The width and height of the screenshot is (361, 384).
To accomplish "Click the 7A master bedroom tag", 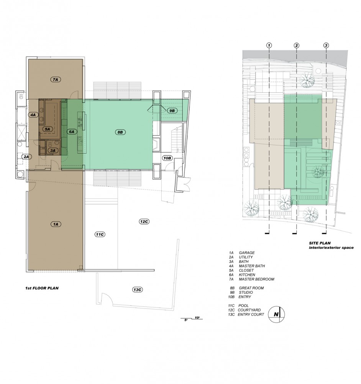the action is tap(56, 79).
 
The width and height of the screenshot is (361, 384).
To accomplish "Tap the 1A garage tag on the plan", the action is tap(56, 224).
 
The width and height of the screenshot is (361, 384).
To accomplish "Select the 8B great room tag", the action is tap(120, 132).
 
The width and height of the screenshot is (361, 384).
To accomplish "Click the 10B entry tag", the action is tap(167, 158).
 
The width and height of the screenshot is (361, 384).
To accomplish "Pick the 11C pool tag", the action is tap(100, 234).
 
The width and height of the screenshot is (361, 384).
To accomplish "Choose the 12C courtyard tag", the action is tap(144, 222).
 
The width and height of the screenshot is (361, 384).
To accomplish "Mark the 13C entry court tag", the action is tap(137, 290).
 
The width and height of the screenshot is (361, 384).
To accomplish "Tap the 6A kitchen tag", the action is tap(72, 132).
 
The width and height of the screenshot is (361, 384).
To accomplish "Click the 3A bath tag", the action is tap(53, 151).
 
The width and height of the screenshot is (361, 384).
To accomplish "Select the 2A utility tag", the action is tap(26, 157).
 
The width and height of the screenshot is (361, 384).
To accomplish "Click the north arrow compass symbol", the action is tap(276, 314).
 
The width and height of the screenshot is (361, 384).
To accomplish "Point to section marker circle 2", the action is tap(297, 45).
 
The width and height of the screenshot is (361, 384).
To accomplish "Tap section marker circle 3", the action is tap(326, 45).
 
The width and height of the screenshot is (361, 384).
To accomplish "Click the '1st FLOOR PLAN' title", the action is tap(42, 288).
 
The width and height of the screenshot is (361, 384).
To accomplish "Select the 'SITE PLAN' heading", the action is tap(320, 243).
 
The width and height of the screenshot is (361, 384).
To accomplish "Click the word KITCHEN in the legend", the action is tap(247, 275).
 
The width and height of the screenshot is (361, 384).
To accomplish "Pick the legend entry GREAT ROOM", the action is tap(251, 288).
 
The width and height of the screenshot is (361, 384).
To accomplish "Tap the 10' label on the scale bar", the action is tap(197, 318).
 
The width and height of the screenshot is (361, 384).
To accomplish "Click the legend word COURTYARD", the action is tap(249, 310).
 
